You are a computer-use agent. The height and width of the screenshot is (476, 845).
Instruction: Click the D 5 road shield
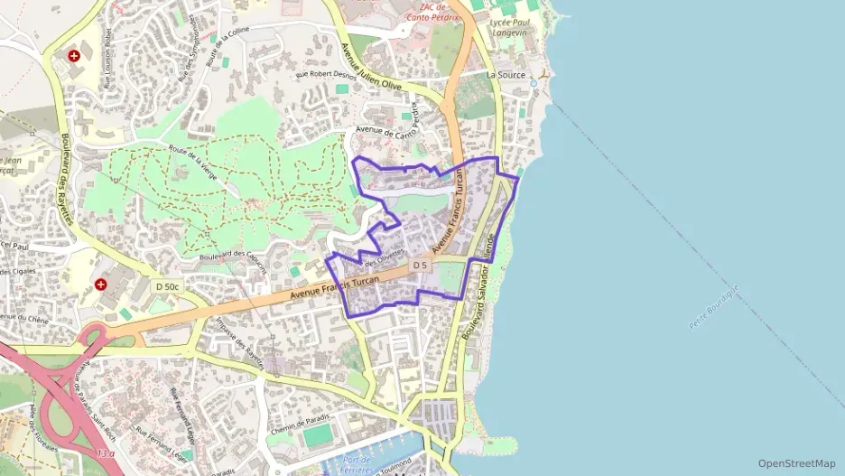419,266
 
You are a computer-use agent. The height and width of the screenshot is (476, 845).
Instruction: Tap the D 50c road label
168,286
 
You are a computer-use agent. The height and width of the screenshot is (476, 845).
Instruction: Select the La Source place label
506,75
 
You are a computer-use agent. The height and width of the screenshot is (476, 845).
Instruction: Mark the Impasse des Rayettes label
240,345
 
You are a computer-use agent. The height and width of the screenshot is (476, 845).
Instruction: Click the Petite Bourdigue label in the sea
713,306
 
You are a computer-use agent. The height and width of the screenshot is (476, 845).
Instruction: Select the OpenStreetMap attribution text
797,463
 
